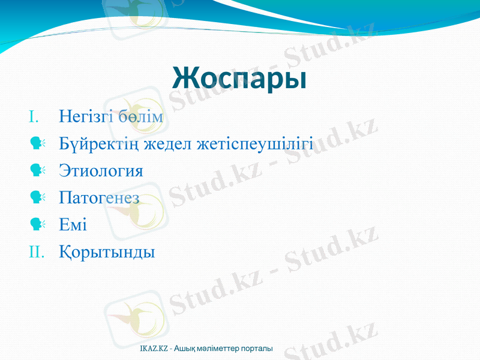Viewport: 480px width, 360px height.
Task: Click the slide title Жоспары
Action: pyautogui.click(x=239, y=78)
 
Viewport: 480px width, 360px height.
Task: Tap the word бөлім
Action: pyautogui.click(x=140, y=116)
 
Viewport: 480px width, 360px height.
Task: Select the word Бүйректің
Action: pyautogui.click(x=97, y=145)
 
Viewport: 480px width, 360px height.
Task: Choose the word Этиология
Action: pyautogui.click(x=101, y=172)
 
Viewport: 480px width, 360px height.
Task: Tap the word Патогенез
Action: pyautogui.click(x=100, y=198)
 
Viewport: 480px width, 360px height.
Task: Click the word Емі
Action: pyautogui.click(x=73, y=226)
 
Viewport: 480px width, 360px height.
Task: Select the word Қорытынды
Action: pyautogui.click(x=107, y=252)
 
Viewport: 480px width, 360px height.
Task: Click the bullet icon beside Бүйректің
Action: pyautogui.click(x=37, y=143)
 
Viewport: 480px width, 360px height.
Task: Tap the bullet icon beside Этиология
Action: pyautogui.click(x=37, y=170)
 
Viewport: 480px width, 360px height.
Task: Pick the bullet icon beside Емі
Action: pyautogui.click(x=37, y=224)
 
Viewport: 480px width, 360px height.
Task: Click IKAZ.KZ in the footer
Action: pyautogui.click(x=153, y=349)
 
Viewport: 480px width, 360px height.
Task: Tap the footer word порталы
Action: pyautogui.click(x=259, y=349)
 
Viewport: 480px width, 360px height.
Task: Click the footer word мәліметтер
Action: pyautogui.click(x=221, y=349)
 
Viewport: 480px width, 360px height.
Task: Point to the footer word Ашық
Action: pyautogui.click(x=184, y=349)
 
